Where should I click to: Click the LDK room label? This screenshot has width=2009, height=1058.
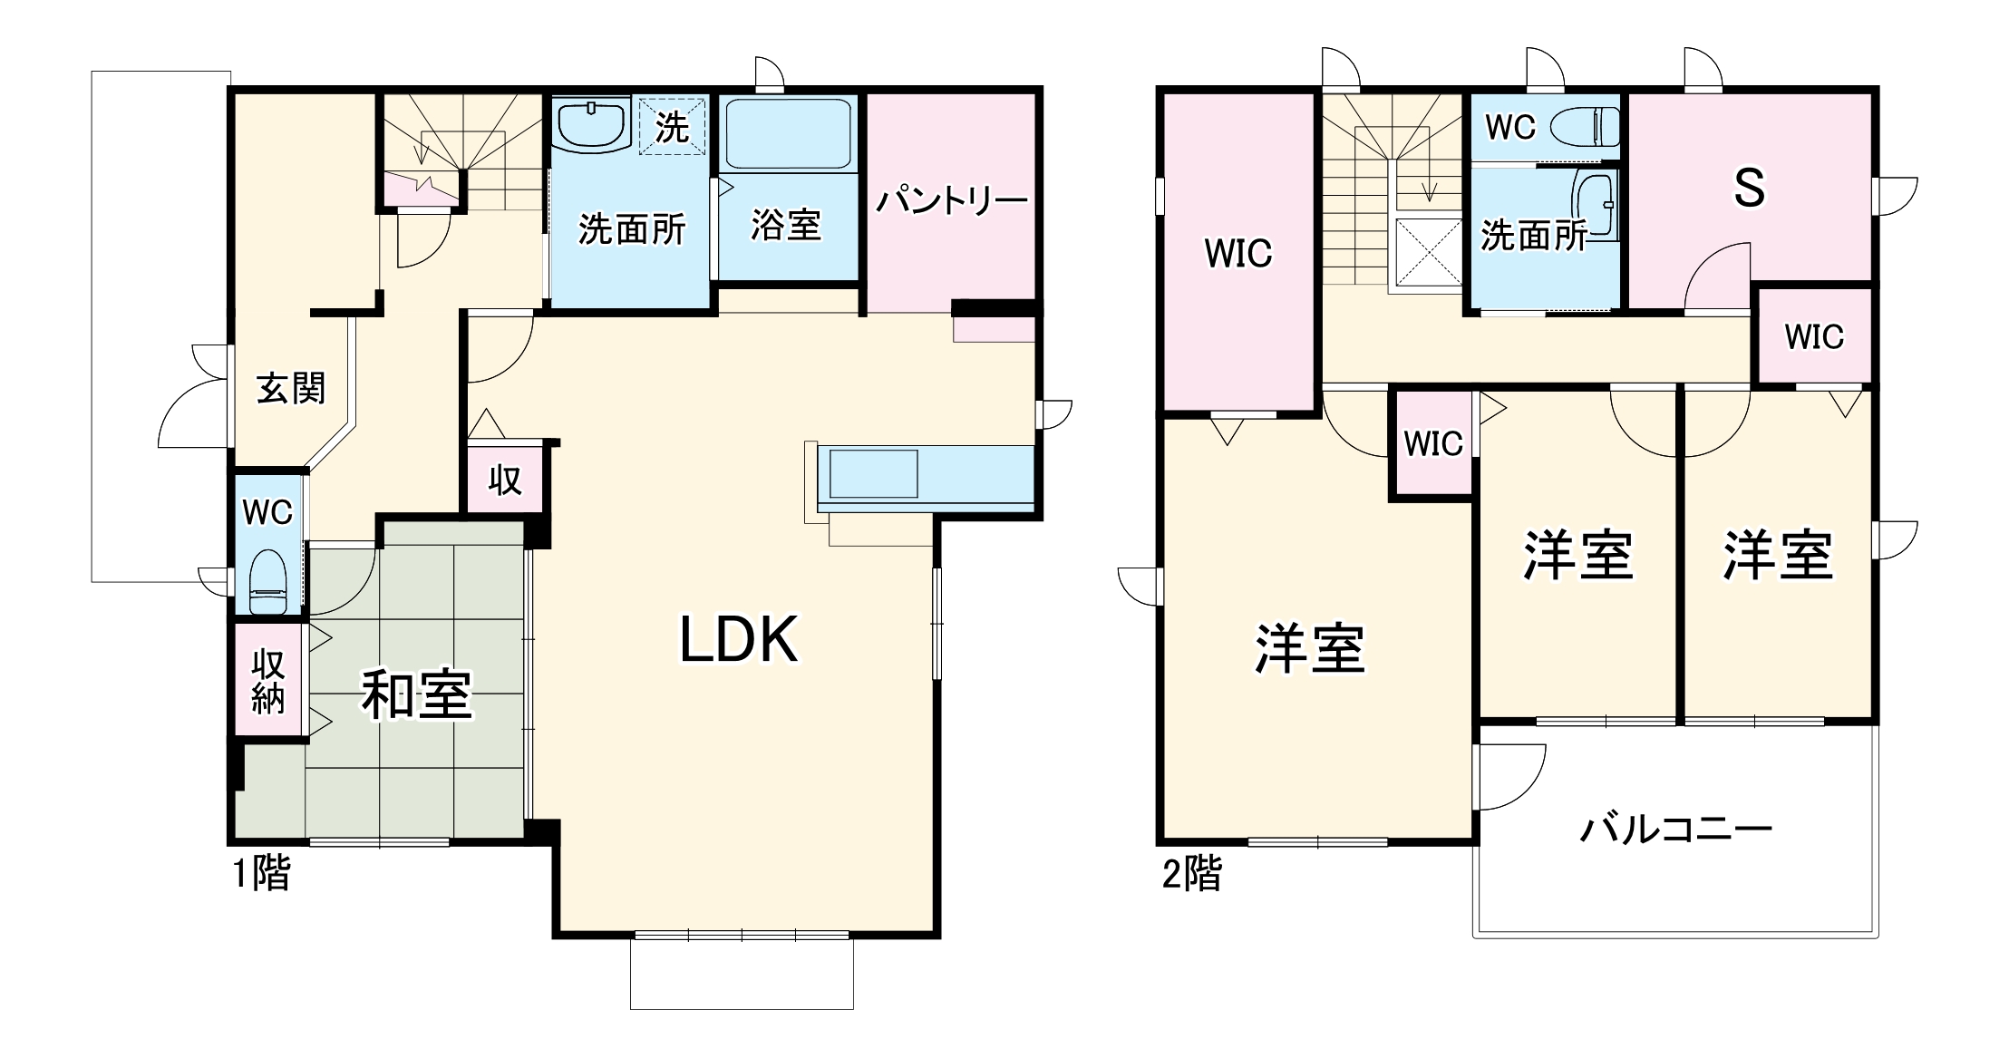coord(739,640)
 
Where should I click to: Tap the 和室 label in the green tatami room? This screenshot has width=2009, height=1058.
coord(416,694)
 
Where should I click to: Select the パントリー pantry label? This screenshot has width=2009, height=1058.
coord(951,199)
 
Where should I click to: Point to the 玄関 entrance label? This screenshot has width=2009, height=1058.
coord(290,389)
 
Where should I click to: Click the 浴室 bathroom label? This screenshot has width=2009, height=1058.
coord(785,224)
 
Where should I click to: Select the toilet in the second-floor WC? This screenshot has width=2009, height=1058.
coord(1586,127)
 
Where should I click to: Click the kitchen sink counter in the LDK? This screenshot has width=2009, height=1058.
coord(873,473)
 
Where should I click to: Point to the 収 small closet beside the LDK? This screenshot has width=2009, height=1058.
coord(505,480)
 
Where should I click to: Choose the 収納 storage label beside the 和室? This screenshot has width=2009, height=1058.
coord(268,682)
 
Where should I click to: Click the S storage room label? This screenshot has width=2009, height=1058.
coord(1749,189)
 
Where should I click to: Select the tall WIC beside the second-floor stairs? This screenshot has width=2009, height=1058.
coord(1238,253)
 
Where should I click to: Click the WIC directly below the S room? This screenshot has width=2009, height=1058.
coord(1814,336)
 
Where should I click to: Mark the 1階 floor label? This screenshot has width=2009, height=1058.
coord(261,874)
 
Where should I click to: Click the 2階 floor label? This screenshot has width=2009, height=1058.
coord(1191,874)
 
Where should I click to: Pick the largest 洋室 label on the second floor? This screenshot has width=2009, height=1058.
coord(1309,649)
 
